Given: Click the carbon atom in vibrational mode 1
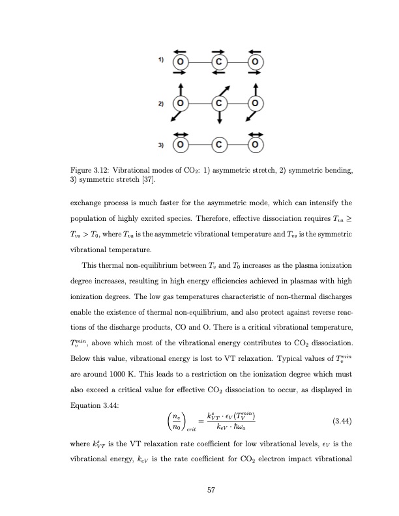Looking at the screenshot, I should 219,63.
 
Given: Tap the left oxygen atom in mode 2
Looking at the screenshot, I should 181,104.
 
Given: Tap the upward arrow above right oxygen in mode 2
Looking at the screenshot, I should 256,89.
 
